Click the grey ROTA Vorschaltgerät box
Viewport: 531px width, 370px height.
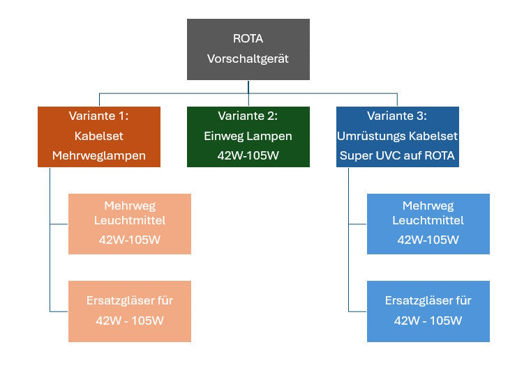tap(248, 49)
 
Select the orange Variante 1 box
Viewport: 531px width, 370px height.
tap(98, 137)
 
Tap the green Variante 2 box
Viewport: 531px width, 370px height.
tap(248, 137)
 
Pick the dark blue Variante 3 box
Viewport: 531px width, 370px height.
tap(397, 137)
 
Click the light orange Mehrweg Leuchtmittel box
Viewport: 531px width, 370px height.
tap(129, 224)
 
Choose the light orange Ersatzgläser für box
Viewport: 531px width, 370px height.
tap(129, 311)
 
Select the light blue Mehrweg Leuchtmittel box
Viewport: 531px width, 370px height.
tap(428, 224)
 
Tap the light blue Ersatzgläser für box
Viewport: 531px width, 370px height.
tap(428, 311)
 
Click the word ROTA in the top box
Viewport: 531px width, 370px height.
tap(248, 38)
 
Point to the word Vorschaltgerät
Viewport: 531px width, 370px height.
tap(248, 59)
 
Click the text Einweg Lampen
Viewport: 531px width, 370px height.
tap(248, 136)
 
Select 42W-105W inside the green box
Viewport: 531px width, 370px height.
tap(248, 155)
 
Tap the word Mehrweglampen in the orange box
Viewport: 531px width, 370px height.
tap(98, 155)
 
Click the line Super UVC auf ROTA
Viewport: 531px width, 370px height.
tap(397, 155)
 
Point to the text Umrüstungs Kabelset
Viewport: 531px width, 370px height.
tap(397, 136)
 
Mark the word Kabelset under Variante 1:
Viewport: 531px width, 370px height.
tap(98, 136)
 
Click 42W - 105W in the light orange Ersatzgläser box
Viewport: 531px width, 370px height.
tap(129, 321)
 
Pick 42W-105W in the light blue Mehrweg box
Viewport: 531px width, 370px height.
tap(428, 240)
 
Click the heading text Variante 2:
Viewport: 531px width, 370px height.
tap(248, 116)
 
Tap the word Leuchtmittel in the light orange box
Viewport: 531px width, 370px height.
tap(129, 221)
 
